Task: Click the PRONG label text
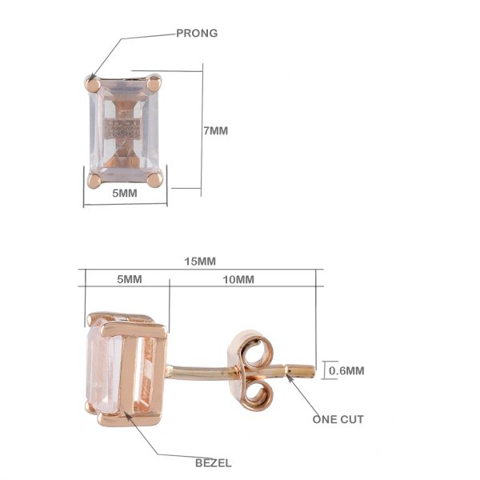[197, 33]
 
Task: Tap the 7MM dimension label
[216, 130]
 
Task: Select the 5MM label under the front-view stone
[125, 193]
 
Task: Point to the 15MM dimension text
[200, 262]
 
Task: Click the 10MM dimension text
[238, 279]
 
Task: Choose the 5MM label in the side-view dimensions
[130, 279]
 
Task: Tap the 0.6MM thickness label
[346, 370]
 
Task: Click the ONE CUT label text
[338, 419]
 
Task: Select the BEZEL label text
[214, 463]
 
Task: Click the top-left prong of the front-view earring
[93, 84]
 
